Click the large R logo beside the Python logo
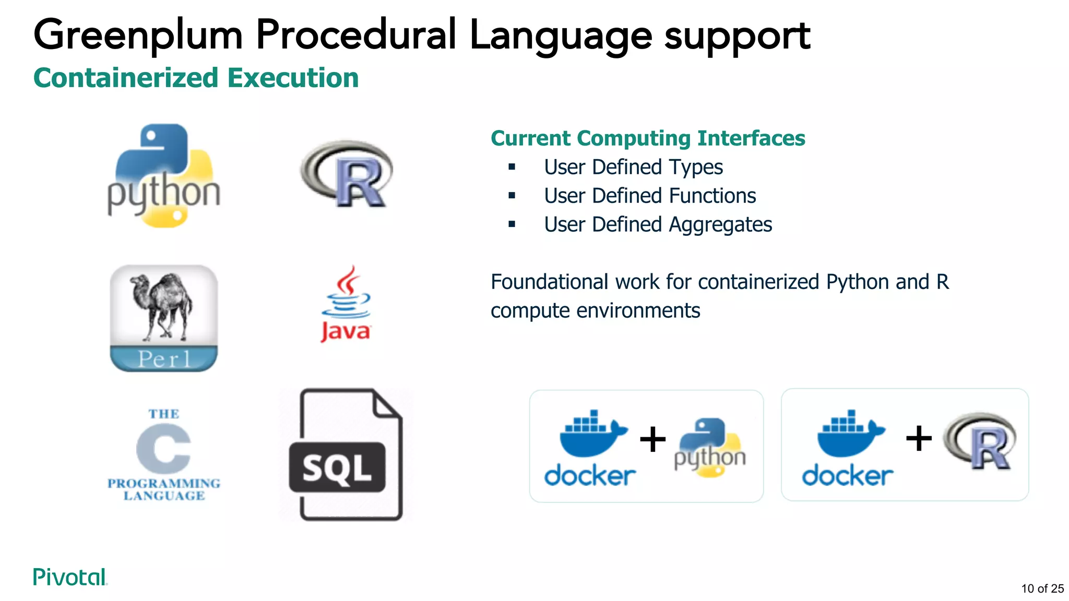[347, 174]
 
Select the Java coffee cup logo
[346, 304]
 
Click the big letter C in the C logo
[163, 449]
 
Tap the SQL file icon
[346, 454]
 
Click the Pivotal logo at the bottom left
[70, 577]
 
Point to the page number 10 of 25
[1042, 588]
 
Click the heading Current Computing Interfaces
[647, 138]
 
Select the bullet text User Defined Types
[633, 167]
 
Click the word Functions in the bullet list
[712, 196]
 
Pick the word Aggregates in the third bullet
[720, 225]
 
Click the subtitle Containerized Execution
[196, 78]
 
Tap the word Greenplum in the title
[138, 35]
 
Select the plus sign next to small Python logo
[652, 439]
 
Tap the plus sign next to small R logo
[919, 438]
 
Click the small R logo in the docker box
[980, 441]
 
